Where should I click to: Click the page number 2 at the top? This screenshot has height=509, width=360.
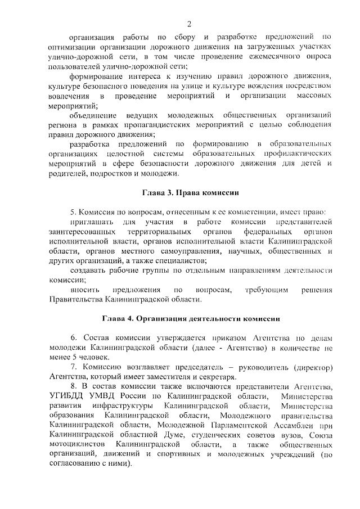(x=190, y=24)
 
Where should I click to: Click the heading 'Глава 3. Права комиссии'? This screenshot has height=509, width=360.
(x=190, y=192)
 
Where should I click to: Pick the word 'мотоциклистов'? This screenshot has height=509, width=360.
(x=74, y=444)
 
